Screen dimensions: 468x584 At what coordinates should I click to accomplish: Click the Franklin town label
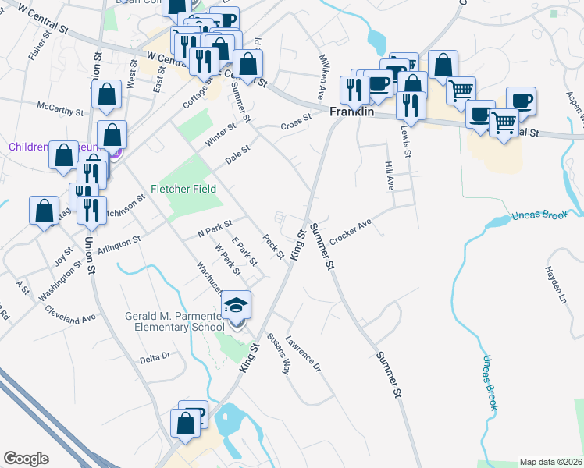351,112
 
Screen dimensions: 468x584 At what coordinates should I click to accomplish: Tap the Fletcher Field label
183,189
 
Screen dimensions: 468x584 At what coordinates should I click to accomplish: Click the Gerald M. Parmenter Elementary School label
174,321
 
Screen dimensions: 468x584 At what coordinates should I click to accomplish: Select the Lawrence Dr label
304,353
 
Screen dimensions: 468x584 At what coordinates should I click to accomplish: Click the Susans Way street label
278,354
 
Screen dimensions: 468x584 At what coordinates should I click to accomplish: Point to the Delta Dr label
155,356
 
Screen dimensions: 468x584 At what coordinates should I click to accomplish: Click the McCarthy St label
60,108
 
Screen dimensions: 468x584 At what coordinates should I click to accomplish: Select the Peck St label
272,246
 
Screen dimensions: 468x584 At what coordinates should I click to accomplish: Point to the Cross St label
296,122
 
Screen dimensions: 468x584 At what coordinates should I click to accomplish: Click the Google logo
26,459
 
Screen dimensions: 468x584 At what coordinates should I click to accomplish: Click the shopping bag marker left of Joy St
44,210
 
